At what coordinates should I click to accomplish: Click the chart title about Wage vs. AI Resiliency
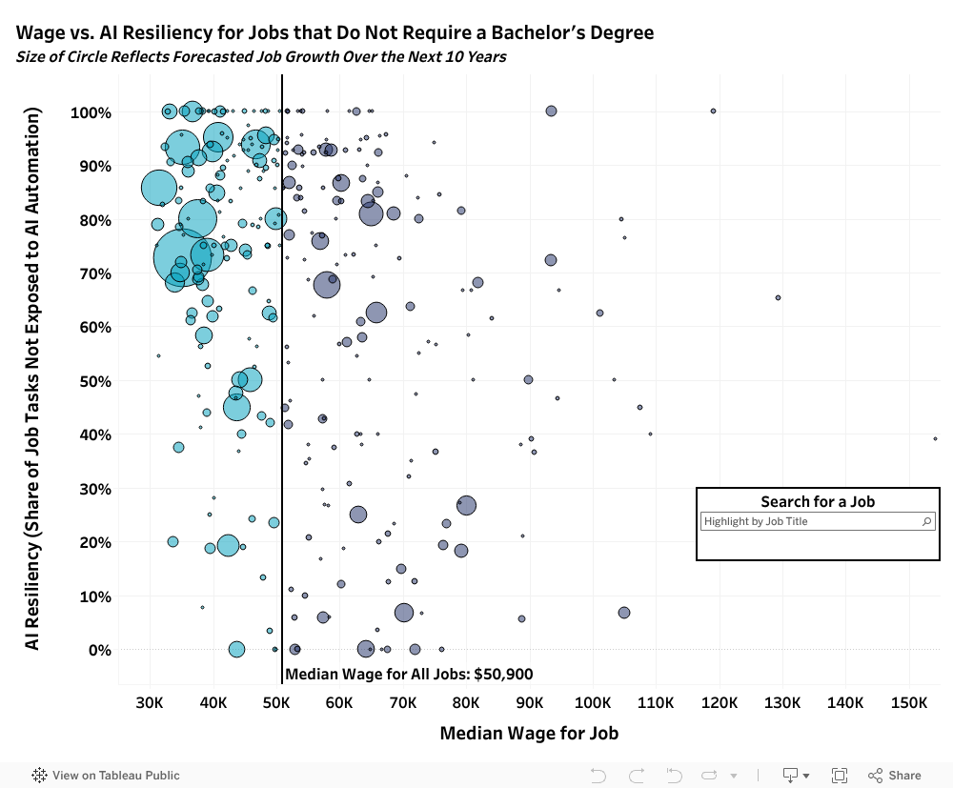[x=335, y=33]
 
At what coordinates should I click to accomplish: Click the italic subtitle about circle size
[x=261, y=56]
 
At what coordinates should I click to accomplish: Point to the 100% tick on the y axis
[x=91, y=112]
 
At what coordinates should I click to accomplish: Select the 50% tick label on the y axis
[x=93, y=381]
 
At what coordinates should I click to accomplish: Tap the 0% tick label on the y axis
[x=98, y=650]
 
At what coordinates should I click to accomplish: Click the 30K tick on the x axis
[x=150, y=702]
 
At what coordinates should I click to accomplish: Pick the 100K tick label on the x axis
[x=593, y=702]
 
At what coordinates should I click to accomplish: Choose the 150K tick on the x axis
[x=908, y=702]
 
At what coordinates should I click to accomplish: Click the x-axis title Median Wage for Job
[x=529, y=734]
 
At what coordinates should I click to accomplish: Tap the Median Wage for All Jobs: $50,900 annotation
[x=409, y=674]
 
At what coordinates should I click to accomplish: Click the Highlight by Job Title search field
[x=810, y=522]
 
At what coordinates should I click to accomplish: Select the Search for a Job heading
[x=818, y=501]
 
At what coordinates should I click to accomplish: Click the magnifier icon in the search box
[x=926, y=522]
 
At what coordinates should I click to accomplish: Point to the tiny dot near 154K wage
[x=935, y=438]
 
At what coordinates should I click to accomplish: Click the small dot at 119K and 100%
[x=713, y=111]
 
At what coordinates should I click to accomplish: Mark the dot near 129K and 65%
[x=778, y=297]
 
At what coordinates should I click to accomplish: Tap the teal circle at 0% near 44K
[x=236, y=650]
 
